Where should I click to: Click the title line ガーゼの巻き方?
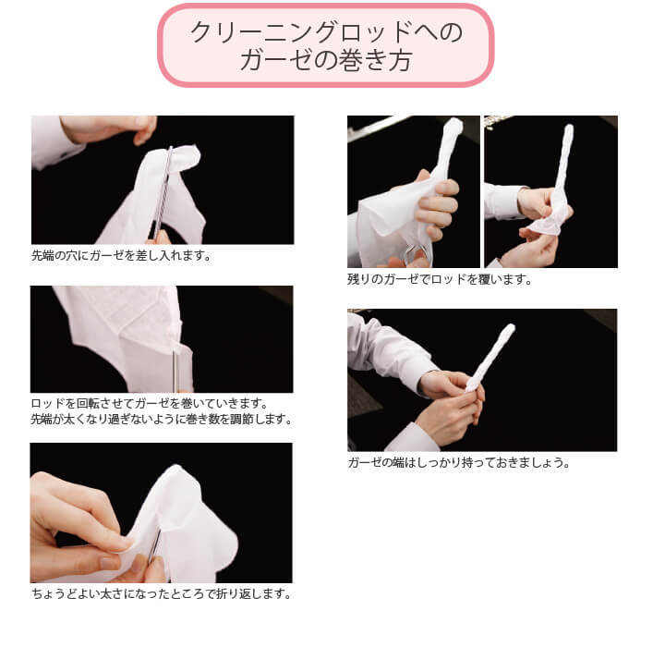coord(325,61)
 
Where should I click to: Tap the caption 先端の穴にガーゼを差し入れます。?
coord(121,255)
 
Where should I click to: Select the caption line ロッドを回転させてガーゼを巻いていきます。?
coord(149,404)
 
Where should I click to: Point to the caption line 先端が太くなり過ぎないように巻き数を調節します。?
coord(162,420)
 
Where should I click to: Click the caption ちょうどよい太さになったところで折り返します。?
coord(162,593)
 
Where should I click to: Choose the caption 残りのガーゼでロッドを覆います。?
coord(440,279)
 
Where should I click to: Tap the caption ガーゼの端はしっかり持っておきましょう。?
coord(458,462)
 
